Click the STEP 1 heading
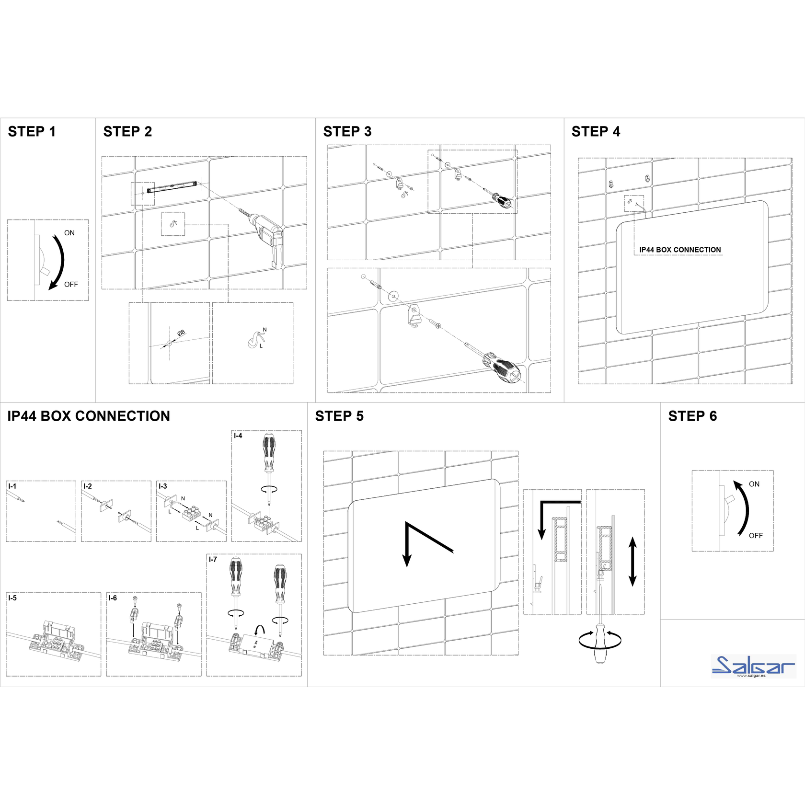pos(32,131)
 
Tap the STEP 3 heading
pos(347,131)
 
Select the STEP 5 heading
pos(339,416)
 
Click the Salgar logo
pos(753,666)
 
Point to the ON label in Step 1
pos(69,233)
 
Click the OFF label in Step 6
pos(756,536)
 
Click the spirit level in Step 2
pos(172,187)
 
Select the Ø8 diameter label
pos(181,333)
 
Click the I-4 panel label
pos(238,436)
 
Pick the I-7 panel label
pos(213,559)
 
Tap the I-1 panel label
pos(12,486)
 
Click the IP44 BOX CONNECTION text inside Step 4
pos(680,250)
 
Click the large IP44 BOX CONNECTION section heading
pos(89,416)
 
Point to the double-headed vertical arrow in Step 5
pos(632,562)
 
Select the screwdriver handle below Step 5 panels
pos(600,644)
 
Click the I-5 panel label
pos(12,598)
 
